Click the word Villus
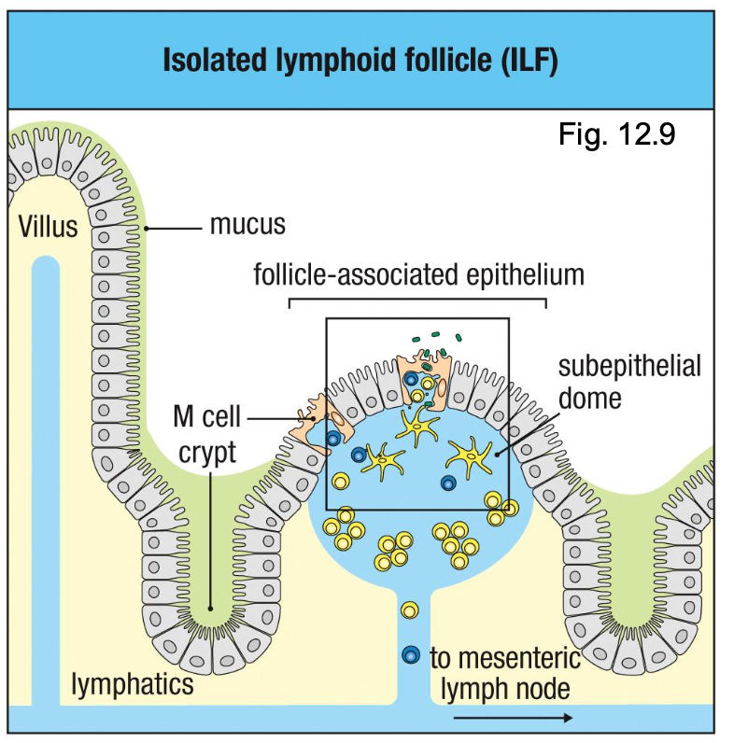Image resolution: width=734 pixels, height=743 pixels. [x=47, y=227]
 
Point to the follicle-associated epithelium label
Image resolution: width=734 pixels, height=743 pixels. [x=419, y=275]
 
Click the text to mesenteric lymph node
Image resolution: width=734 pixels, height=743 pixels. [x=505, y=674]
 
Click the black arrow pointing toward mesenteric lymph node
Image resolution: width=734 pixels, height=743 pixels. [x=513, y=717]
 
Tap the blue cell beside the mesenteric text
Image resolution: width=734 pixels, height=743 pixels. [x=409, y=655]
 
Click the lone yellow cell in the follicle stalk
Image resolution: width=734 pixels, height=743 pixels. [x=409, y=610]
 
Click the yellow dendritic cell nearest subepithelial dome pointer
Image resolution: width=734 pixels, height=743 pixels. [x=470, y=459]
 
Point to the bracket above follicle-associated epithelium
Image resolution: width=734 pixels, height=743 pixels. [x=417, y=301]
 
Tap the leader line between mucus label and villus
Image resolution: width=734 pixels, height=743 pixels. [x=174, y=227]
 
